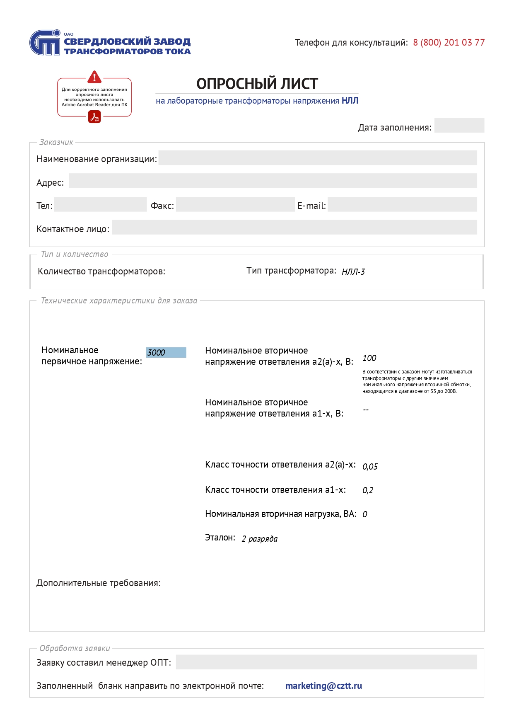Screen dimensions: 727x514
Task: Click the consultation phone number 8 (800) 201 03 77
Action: pyautogui.click(x=449, y=43)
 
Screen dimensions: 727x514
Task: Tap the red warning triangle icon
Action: pyautogui.click(x=94, y=77)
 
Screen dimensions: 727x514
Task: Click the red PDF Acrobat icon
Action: pyautogui.click(x=95, y=117)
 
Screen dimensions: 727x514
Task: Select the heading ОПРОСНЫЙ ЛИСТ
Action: pyautogui.click(x=257, y=84)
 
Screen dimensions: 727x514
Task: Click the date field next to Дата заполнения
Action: pyautogui.click(x=459, y=125)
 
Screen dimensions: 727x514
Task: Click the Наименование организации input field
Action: pyautogui.click(x=317, y=158)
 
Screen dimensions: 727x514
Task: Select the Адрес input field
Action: pyautogui.click(x=273, y=181)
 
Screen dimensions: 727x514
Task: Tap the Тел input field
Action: pyautogui.click(x=100, y=205)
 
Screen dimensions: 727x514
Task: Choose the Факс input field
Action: pyautogui.click(x=235, y=205)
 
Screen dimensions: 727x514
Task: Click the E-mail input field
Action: pyautogui.click(x=402, y=205)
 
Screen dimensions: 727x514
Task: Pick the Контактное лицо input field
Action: pyautogui.click(x=294, y=228)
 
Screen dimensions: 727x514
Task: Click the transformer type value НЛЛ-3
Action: pyautogui.click(x=353, y=272)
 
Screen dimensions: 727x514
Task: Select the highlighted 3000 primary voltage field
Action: pyautogui.click(x=166, y=352)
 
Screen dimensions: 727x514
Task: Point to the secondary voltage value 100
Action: pyautogui.click(x=369, y=358)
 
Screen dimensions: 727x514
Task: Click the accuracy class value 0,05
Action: pyautogui.click(x=370, y=467)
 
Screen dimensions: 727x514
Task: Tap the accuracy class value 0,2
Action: pyautogui.click(x=368, y=491)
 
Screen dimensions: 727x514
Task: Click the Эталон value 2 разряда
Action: pyautogui.click(x=260, y=539)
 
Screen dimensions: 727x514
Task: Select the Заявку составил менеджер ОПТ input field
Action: pyautogui.click(x=326, y=662)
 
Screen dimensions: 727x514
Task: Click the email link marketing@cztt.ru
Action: pyautogui.click(x=323, y=686)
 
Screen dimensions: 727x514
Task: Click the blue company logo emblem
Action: pyautogui.click(x=45, y=43)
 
